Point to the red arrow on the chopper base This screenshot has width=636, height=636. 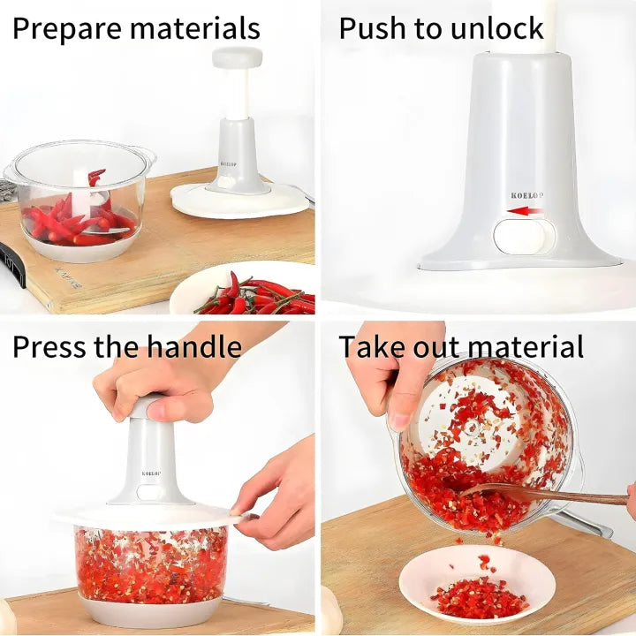tap(525, 211)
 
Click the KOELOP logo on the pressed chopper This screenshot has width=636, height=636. tap(151, 473)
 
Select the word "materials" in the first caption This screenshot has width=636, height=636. tap(195, 29)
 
